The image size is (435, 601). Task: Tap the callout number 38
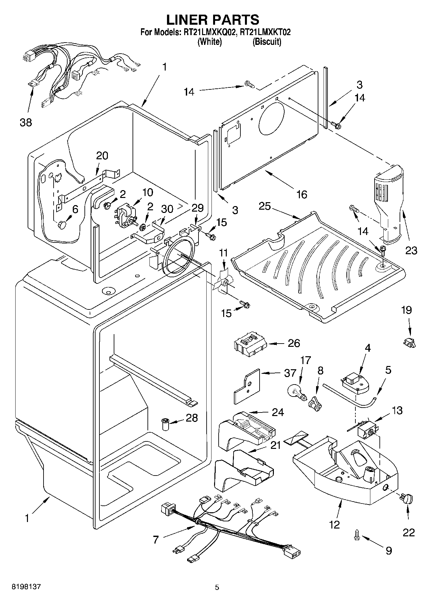pos(26,123)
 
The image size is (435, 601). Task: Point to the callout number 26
pos(294,343)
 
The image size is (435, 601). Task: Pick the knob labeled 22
pos(407,498)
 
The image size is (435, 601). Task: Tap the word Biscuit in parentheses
pos(267,42)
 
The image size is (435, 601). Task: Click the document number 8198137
pos(27,587)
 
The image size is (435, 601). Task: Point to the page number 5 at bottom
pos(217,587)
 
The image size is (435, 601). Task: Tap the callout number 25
pos(264,206)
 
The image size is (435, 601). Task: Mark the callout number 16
pos(302,194)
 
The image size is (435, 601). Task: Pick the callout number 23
pos(411,250)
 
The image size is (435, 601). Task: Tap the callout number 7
pos(156,540)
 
